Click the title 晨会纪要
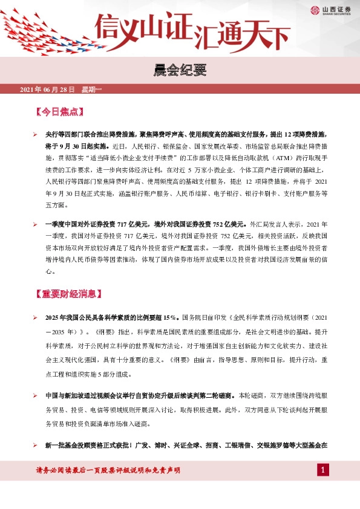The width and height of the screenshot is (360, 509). pos(179,71)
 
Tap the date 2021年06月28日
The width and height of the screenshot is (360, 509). pos(47,90)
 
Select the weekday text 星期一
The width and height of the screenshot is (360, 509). pos(92,90)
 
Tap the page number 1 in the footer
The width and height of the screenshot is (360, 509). pos(323,470)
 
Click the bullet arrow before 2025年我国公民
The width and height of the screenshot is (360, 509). pos(36,317)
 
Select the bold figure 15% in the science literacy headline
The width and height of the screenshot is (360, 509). pos(169,317)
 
